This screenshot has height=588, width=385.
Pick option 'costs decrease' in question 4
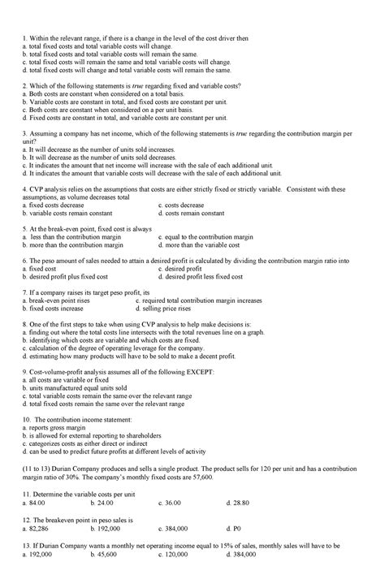pyautogui.click(x=185, y=206)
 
